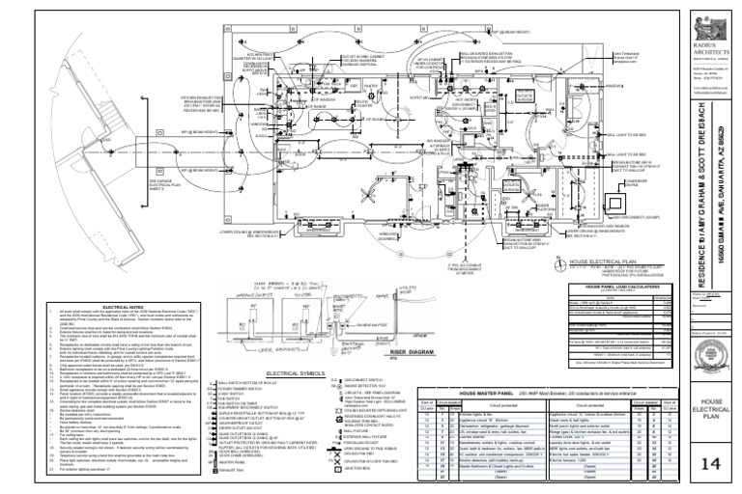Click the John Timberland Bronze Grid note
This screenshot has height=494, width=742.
point(520,63)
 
